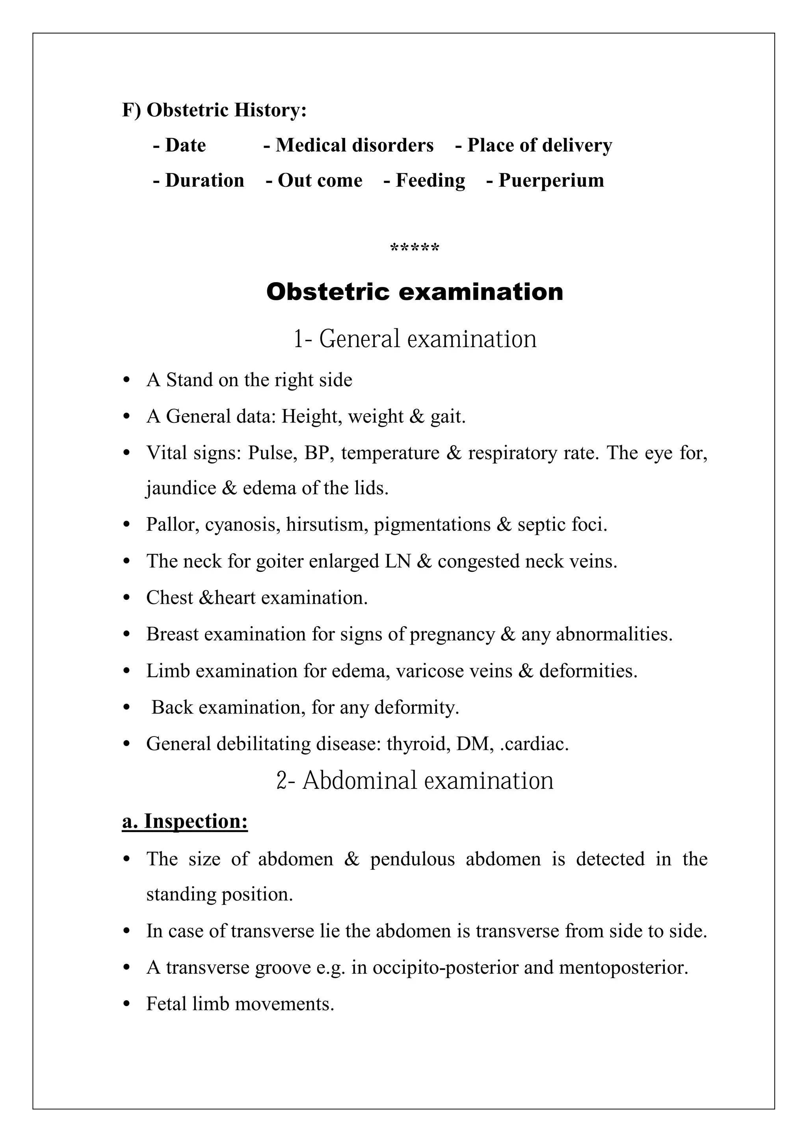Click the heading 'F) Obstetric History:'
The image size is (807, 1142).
click(x=214, y=110)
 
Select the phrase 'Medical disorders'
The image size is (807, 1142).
click(x=355, y=145)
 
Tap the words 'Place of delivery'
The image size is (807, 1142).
click(x=539, y=145)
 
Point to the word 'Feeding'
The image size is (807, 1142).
click(x=430, y=180)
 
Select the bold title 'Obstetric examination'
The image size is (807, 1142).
click(x=415, y=292)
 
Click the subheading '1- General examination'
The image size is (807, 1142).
click(x=415, y=339)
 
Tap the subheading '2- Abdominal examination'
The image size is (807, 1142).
click(x=415, y=780)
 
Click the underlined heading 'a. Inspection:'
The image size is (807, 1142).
click(x=185, y=821)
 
